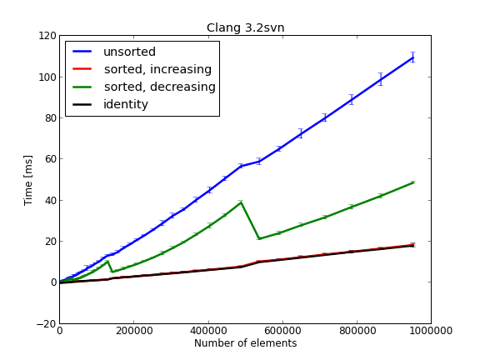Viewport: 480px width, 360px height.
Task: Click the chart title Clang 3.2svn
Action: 245,27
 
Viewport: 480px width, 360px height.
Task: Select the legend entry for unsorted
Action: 129,52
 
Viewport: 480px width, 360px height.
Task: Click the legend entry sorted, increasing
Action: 157,69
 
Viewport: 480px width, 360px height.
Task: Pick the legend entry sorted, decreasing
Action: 159,87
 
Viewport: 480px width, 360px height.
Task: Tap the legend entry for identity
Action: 125,104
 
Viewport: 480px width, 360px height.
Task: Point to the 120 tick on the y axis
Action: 47,36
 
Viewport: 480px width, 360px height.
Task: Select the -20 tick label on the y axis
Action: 45,323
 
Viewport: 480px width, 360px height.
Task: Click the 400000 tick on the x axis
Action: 207,331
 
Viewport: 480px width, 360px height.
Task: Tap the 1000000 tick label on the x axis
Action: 430,331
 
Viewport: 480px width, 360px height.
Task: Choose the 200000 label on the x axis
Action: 133,331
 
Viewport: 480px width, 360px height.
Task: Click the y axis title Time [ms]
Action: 28,179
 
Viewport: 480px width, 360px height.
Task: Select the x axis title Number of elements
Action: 245,343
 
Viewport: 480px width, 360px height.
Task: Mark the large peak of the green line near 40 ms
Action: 241,202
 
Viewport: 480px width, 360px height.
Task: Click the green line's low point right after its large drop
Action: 259,239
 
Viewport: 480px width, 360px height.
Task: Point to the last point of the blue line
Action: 412,57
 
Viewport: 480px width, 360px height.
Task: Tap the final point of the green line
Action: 412,182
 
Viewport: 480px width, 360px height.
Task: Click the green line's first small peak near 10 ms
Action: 107,262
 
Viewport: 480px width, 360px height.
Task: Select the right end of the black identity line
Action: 412,246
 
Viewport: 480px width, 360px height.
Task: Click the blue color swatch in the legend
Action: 82,52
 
